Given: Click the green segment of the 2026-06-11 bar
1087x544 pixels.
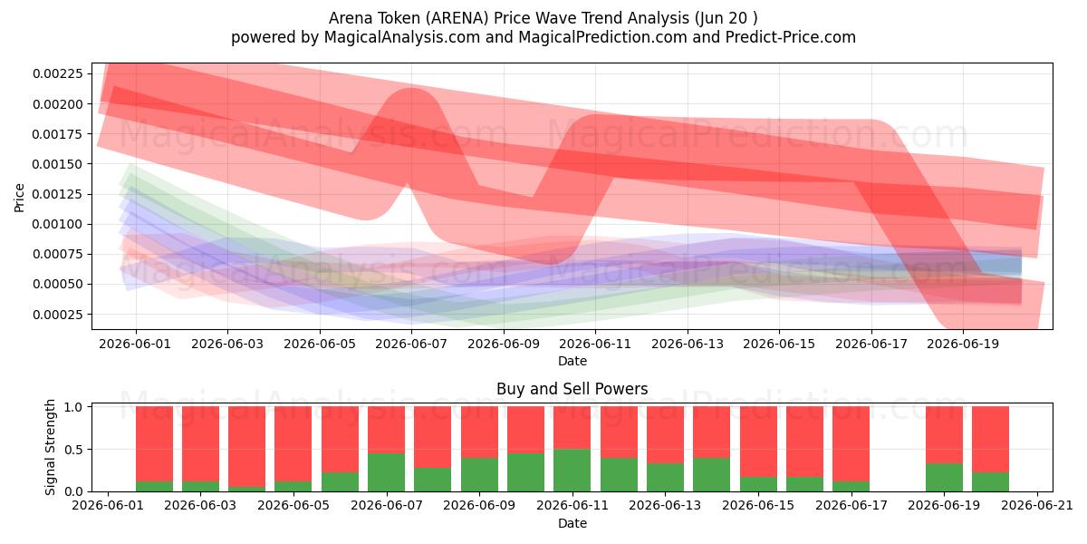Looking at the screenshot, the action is coord(572,471).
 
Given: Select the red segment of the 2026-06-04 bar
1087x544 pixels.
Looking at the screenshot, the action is coord(246,446).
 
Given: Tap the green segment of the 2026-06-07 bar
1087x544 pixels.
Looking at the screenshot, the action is coord(386,472).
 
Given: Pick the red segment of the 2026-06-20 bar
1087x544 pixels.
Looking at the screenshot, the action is coord(990,439).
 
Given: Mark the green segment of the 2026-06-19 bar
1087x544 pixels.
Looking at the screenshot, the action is coord(944,478).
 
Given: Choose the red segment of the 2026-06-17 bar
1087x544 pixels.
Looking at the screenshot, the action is coord(851,443).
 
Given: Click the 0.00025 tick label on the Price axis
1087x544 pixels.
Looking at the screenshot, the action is coord(58,315).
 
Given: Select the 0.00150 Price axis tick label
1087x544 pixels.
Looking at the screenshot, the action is coord(58,164).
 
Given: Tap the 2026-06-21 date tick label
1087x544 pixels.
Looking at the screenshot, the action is coord(1037,506).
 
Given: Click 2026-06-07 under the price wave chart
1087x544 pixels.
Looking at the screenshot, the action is coord(411,344).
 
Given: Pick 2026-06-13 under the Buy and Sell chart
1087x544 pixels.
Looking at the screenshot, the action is coord(665,506).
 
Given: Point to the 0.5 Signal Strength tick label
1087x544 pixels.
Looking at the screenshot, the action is coord(73,450).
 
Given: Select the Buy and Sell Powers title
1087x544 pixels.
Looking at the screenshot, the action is coord(572,389).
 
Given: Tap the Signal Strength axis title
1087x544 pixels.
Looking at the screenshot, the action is coord(50,447).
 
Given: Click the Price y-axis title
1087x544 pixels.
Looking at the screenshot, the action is coord(19,198).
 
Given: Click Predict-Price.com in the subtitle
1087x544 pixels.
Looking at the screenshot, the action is coord(791,37).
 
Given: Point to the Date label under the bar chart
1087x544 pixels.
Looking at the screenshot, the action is coord(572,523).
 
